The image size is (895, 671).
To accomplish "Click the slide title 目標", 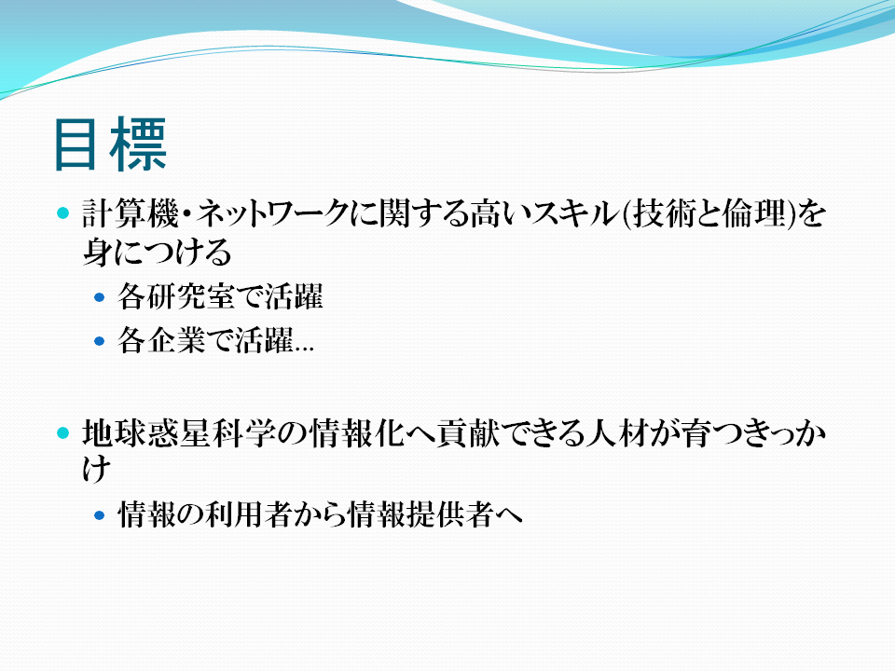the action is coord(110,144).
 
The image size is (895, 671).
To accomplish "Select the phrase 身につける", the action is coord(157,252).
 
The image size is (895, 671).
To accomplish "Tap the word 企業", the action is coord(176,341).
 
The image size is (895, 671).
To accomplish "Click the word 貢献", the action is coord(467,433).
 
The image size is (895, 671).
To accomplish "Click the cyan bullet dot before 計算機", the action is coord(63,213).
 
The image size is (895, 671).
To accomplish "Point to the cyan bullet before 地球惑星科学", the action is coord(63,433).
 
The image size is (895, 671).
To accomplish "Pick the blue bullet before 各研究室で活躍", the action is coord(100,297).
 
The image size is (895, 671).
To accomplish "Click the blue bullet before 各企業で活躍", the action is coord(100,341).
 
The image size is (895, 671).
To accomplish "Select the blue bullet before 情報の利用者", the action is coord(100,515).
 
